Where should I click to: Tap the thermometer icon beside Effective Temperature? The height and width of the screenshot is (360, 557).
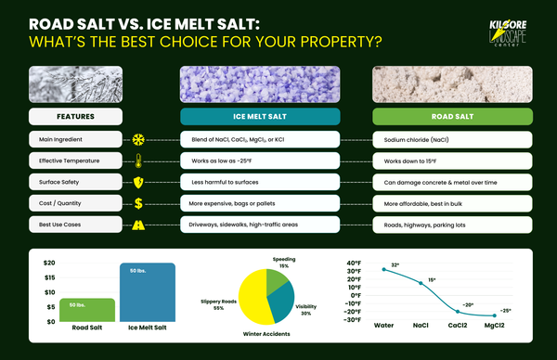[139, 161]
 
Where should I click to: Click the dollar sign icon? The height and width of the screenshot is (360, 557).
[139, 203]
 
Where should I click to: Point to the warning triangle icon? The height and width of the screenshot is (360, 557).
[139, 225]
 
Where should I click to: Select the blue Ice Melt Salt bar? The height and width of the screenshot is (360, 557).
[147, 292]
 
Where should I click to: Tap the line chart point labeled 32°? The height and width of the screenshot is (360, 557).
[383, 270]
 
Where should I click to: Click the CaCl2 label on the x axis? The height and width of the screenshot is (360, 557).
[456, 326]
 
